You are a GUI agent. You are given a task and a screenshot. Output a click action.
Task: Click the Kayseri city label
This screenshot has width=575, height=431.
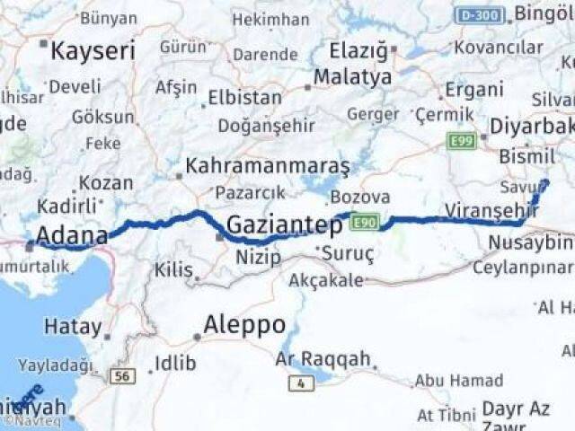pyautogui.click(x=93, y=50)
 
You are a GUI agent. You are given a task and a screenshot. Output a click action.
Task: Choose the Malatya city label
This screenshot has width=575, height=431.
pyautogui.click(x=353, y=77)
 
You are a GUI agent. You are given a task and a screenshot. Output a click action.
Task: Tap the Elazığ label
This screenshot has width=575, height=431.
pyautogui.click(x=357, y=50)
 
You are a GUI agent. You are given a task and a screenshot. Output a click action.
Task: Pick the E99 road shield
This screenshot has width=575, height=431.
pyautogui.click(x=463, y=140)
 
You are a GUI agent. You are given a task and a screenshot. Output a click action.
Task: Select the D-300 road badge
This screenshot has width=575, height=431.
pyautogui.click(x=480, y=15)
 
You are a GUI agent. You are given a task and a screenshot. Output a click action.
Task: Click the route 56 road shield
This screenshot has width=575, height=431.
pyautogui.click(x=122, y=375)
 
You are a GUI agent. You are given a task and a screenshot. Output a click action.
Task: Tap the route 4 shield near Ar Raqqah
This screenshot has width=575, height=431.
pyautogui.click(x=301, y=383)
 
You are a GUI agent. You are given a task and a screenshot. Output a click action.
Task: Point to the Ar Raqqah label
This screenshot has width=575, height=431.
pyautogui.click(x=323, y=360)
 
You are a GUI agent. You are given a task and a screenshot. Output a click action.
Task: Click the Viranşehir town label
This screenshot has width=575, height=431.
pyautogui.click(x=491, y=209)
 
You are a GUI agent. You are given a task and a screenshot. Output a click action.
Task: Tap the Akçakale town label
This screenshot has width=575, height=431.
pyautogui.click(x=326, y=281)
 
